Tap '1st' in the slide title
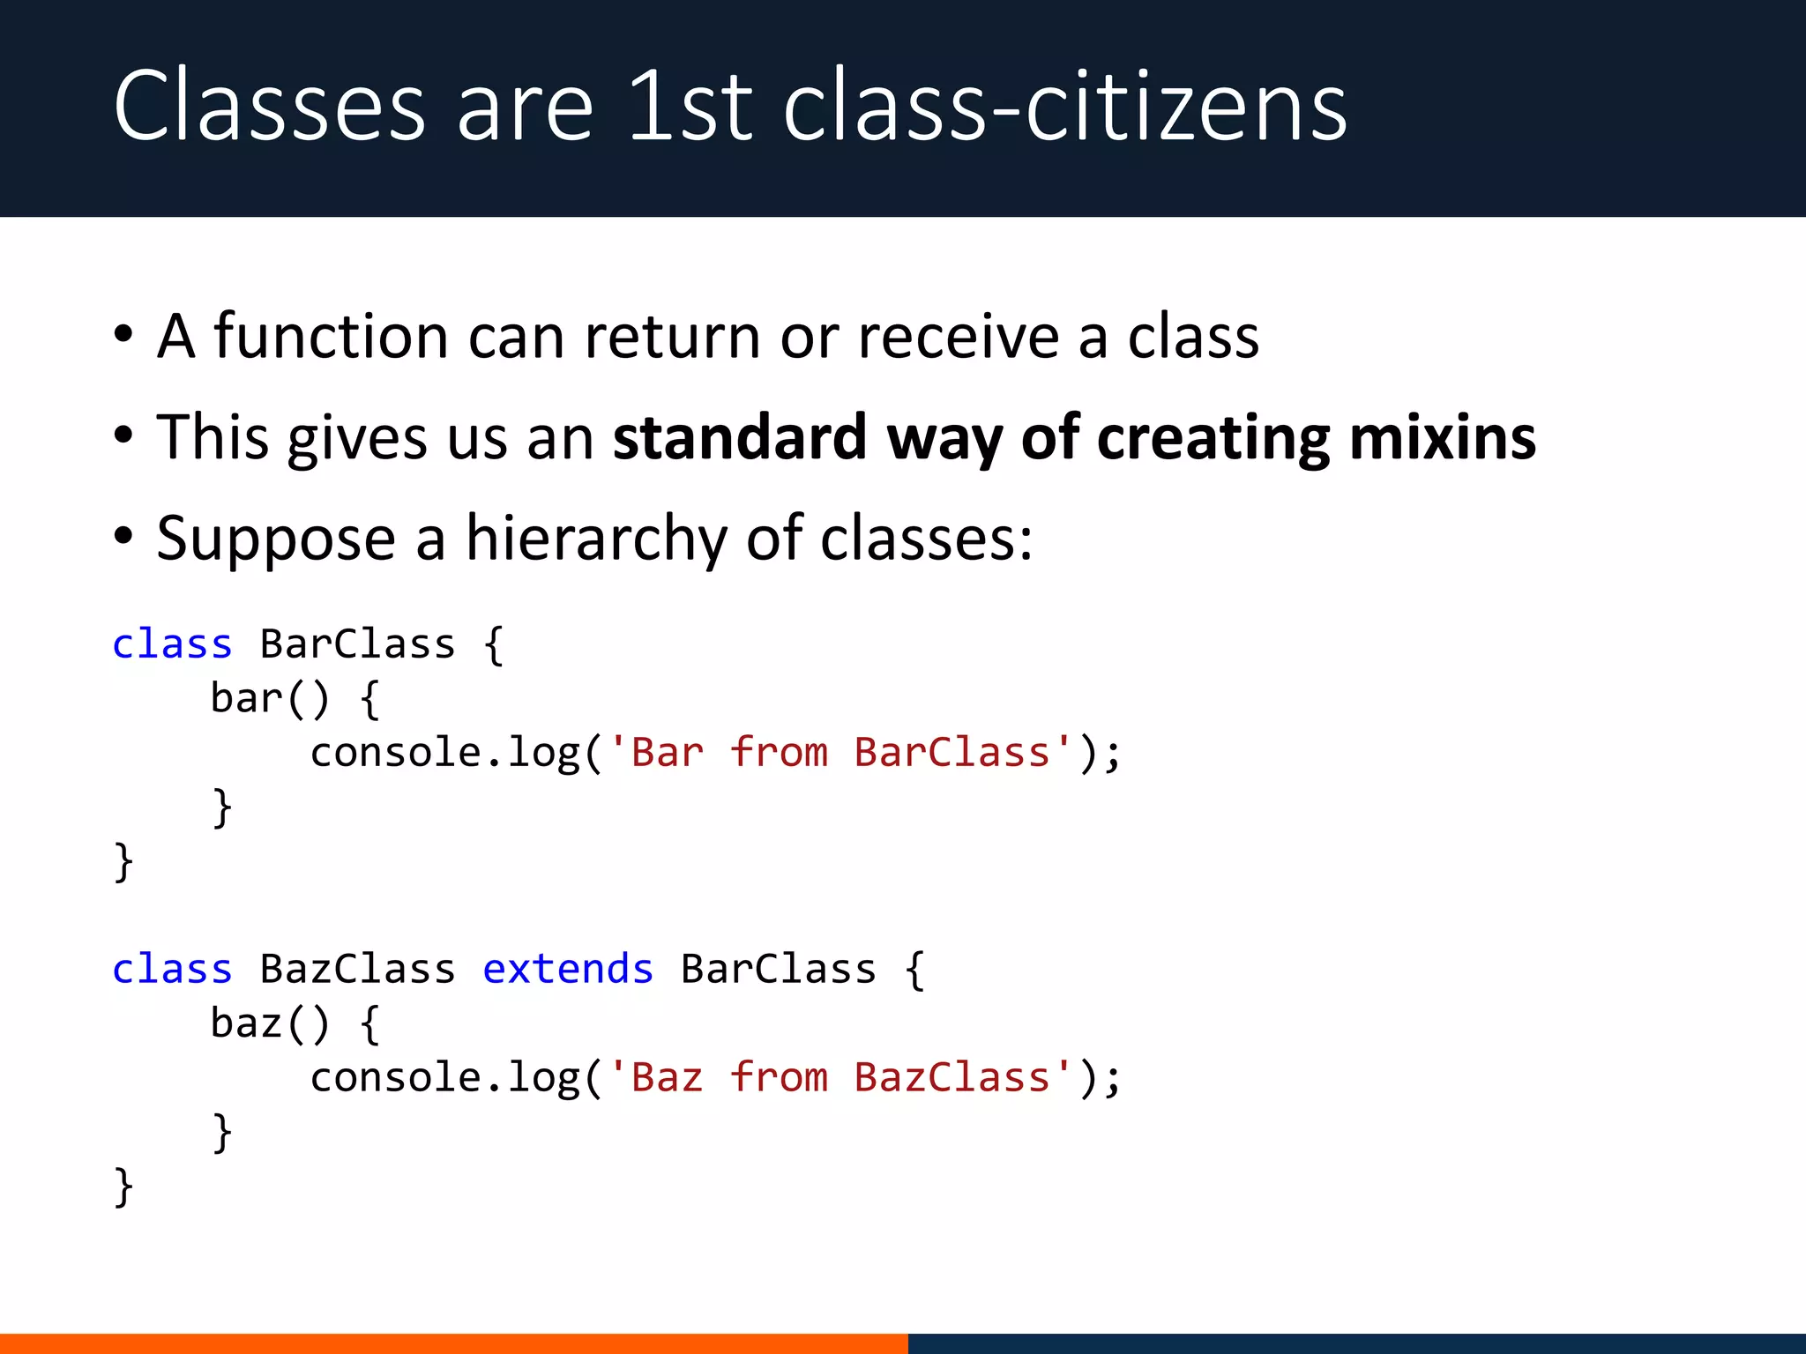tap(690, 108)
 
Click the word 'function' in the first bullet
tap(331, 337)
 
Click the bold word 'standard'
tap(740, 438)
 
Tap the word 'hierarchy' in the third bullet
tap(596, 538)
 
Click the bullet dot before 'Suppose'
tap(123, 535)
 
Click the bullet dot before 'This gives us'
tap(123, 435)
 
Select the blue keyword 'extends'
tap(568, 970)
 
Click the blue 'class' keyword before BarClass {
tap(172, 644)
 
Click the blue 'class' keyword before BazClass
tap(172, 970)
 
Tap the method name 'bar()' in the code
tap(269, 699)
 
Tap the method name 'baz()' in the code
tap(269, 1024)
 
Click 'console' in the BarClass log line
tap(395, 754)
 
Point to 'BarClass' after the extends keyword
tap(779, 970)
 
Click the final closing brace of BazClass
tap(123, 1187)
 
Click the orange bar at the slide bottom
tap(453, 1343)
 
